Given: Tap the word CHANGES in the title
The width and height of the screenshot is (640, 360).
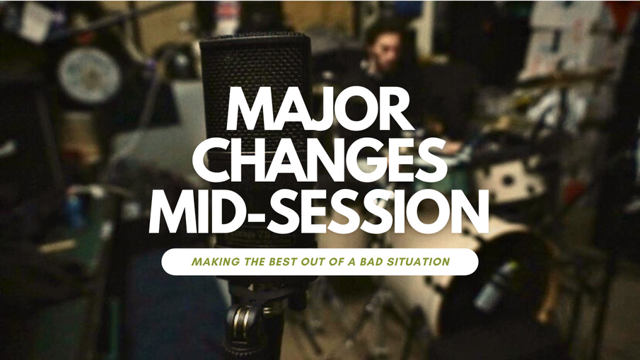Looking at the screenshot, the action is (320, 160).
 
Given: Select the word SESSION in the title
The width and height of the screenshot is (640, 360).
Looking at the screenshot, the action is (377, 211).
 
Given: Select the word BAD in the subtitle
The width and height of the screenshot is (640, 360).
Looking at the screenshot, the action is (369, 262).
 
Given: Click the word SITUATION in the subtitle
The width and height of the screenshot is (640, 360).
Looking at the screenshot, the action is (417, 262).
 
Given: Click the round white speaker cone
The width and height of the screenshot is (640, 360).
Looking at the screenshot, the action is (89, 75).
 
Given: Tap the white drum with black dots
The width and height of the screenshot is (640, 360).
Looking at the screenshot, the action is (509, 180).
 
